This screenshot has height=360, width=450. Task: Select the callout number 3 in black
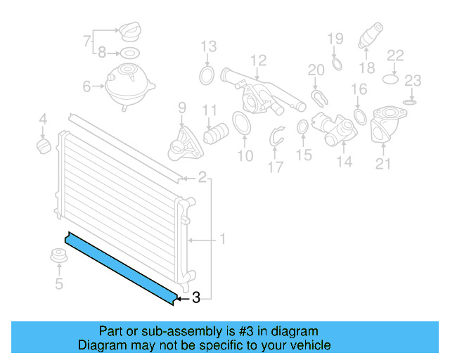pos(196,298)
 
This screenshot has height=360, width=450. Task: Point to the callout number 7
pos(86,41)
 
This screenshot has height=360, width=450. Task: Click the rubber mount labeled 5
pos(59,257)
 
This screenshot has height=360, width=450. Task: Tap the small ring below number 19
pos(335,65)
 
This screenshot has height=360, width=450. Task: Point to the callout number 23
pos(413,79)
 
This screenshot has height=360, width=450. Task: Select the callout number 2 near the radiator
pos(202,177)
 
